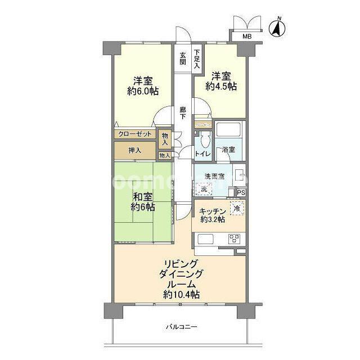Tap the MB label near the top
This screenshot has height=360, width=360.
coord(247,37)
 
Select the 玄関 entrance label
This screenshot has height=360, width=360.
coord(183,59)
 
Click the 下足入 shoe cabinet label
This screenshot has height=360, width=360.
coord(197,58)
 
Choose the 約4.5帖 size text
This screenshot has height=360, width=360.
coord(221,87)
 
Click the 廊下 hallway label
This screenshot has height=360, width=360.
coord(183,113)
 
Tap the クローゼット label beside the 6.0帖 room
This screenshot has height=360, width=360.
coord(135,135)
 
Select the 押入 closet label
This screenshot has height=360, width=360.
coord(134,151)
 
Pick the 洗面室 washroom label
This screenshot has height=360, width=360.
coord(213,176)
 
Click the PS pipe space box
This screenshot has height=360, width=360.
coord(241,193)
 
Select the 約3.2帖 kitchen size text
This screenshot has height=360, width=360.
coord(213,220)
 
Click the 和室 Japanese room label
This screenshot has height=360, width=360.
coord(142,197)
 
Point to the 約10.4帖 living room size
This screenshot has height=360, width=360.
coord(181,294)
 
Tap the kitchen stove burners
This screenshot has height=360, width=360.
coord(234,238)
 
